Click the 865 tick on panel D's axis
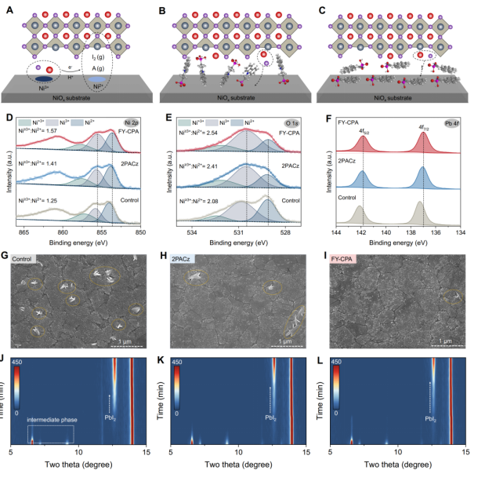pos(24,233)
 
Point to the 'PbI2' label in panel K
pos(270,418)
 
